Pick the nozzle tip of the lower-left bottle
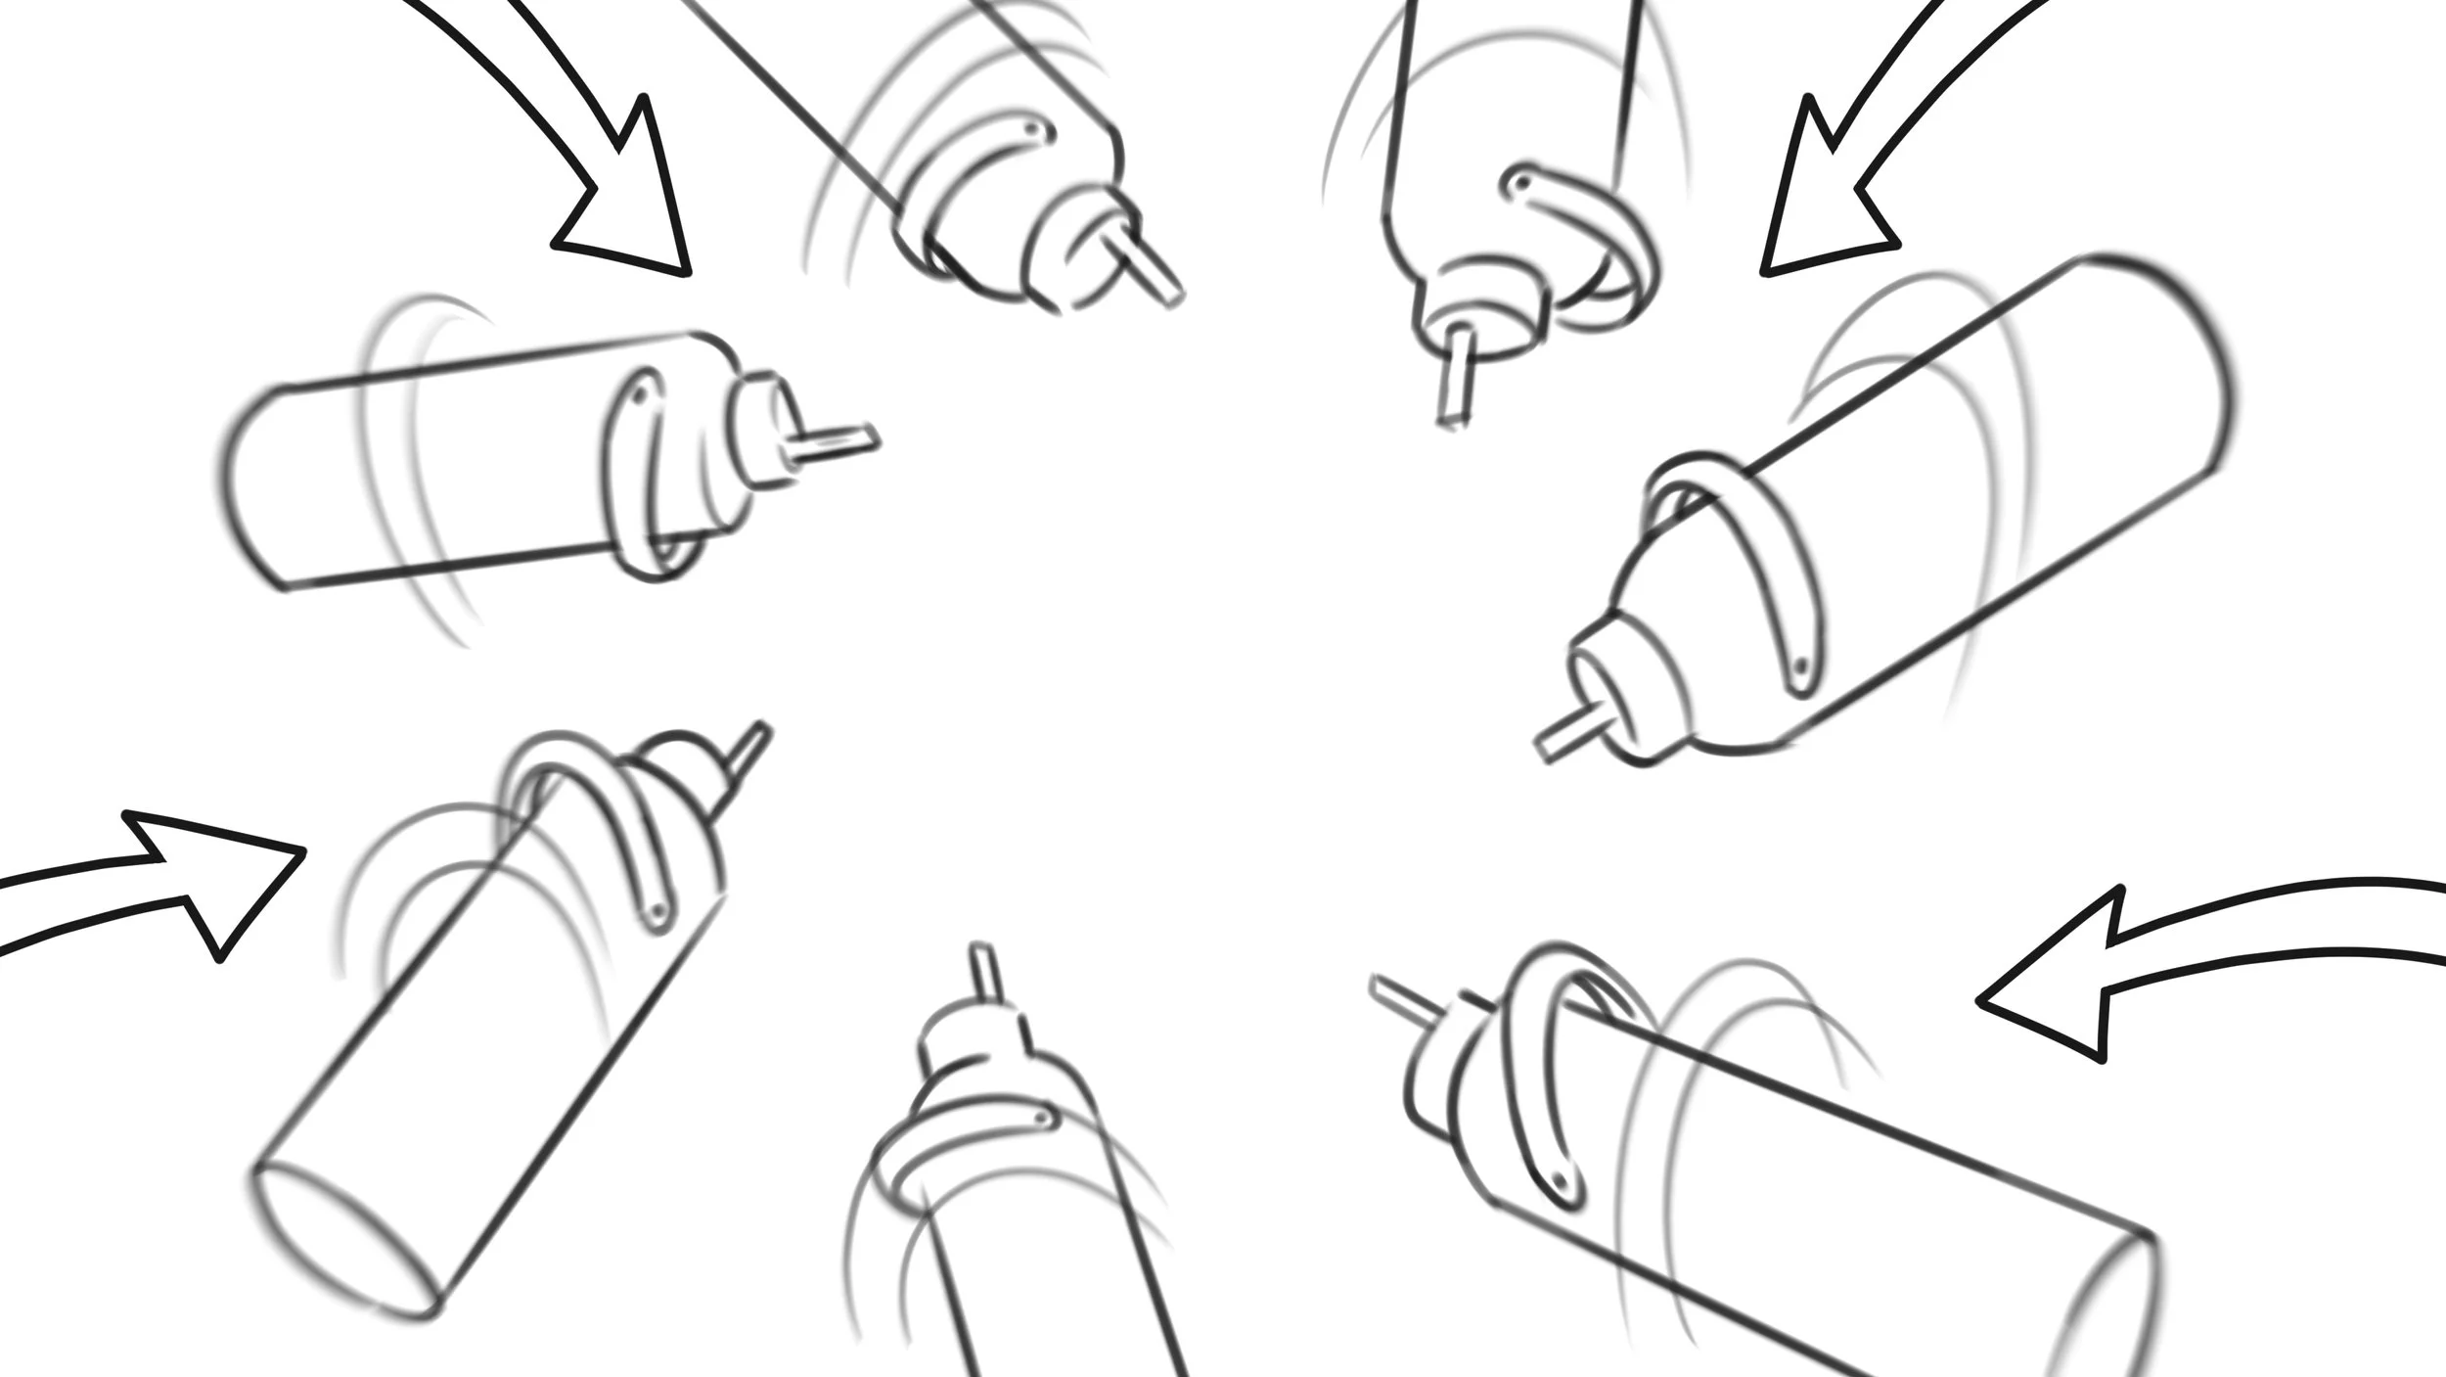click(761, 730)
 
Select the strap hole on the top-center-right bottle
click(1518, 183)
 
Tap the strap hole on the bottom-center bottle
click(1043, 1117)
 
